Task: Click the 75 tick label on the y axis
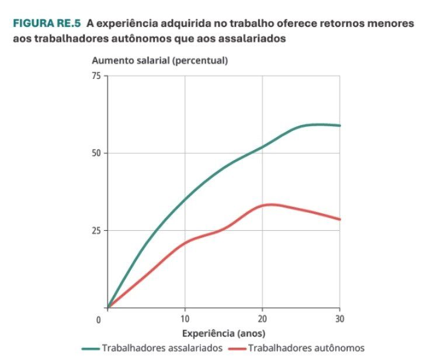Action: pos(96,76)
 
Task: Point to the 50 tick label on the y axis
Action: pos(96,153)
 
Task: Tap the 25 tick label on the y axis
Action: pos(96,230)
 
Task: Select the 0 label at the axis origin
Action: pos(99,319)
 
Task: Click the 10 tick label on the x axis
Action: pos(185,319)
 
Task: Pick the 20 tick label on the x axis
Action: pos(262,319)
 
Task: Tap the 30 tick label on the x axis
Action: pos(339,319)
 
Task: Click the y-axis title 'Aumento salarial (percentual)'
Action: pos(159,60)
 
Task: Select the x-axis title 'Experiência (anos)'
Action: pos(224,334)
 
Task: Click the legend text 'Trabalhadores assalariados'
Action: pos(162,348)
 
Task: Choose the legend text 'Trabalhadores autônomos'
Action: pos(306,348)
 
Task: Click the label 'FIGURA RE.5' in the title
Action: pos(47,24)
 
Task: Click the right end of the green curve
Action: pos(340,126)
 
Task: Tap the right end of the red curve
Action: pos(340,220)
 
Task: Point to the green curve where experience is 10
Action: pos(185,199)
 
